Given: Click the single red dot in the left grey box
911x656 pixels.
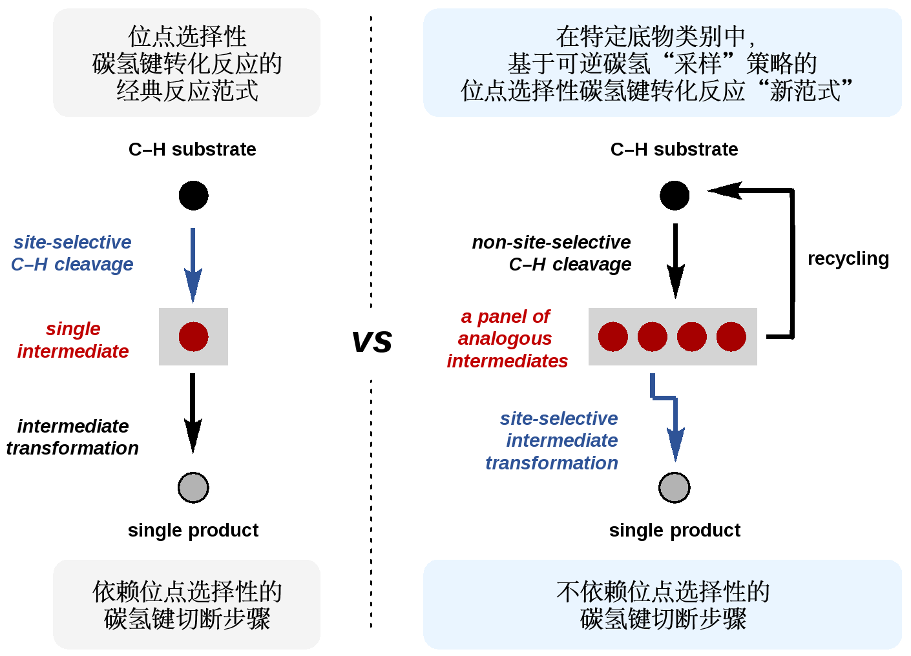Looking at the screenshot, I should [x=193, y=336].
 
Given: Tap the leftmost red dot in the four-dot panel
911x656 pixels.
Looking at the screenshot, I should [x=613, y=336].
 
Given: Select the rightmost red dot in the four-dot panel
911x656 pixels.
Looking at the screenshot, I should [x=731, y=336].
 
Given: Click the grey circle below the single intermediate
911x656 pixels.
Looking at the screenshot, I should [x=193, y=487].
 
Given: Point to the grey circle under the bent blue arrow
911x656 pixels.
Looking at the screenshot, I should [x=674, y=487].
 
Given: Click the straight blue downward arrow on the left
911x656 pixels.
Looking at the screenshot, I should [x=193, y=265].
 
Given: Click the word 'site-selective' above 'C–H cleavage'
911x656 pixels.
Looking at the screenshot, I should [x=72, y=242].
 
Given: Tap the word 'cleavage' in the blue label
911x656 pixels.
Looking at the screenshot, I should [x=94, y=264].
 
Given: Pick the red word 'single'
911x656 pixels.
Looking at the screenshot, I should [x=73, y=329].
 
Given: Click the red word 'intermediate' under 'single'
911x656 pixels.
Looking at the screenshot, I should [x=73, y=351].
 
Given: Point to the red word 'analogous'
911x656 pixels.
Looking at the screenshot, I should [x=505, y=338].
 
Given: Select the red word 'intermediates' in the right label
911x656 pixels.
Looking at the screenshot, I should [x=507, y=361].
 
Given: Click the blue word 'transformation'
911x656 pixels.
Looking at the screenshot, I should [x=552, y=463].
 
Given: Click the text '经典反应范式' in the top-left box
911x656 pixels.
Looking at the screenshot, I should [x=187, y=90].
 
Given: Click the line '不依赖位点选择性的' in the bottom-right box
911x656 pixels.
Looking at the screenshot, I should [x=663, y=591].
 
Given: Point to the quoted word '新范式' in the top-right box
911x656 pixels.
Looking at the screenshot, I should [x=806, y=90].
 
